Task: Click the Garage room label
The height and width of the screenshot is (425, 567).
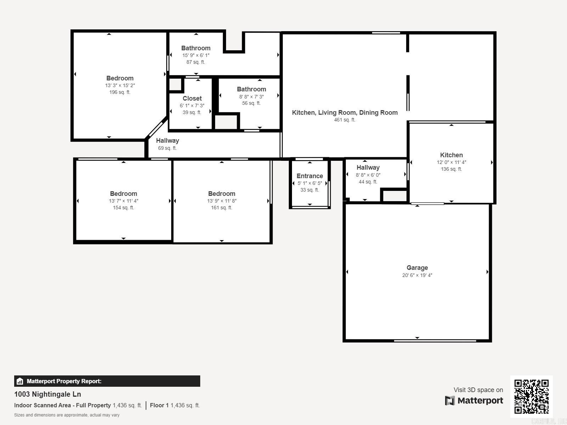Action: click(x=417, y=268)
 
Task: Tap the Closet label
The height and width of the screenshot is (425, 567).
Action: click(x=192, y=98)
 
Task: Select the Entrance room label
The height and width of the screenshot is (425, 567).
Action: click(x=310, y=176)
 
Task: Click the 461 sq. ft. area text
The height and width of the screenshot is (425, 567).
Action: click(x=344, y=120)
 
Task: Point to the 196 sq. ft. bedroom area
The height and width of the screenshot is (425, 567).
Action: click(x=120, y=92)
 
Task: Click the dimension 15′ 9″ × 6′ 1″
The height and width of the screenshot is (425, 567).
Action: click(x=196, y=55)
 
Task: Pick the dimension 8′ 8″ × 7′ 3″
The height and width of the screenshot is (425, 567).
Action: click(x=251, y=97)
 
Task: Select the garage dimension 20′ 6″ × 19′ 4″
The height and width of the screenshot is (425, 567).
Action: click(x=417, y=275)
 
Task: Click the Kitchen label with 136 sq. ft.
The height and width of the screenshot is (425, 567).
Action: click(x=451, y=155)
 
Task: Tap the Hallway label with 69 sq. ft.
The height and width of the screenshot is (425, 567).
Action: click(x=167, y=141)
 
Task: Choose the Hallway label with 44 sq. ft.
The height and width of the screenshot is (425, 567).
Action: click(x=368, y=168)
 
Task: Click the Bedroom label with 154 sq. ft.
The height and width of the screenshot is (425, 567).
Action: click(x=123, y=194)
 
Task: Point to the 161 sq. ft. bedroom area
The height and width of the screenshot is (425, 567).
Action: click(x=221, y=208)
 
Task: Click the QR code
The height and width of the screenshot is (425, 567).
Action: click(x=531, y=396)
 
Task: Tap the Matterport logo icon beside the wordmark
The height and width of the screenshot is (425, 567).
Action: click(x=450, y=401)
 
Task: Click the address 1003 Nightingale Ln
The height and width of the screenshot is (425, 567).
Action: click(x=47, y=394)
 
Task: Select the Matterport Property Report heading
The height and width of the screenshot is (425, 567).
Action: click(x=64, y=381)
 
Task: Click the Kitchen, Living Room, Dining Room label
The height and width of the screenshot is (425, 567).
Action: click(x=344, y=113)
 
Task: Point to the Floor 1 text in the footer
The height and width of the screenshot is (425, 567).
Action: click(x=159, y=405)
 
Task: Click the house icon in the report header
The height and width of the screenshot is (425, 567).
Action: click(x=20, y=381)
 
